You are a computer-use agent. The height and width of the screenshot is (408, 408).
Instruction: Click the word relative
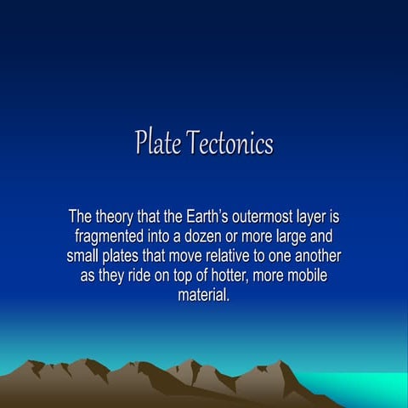237,257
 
